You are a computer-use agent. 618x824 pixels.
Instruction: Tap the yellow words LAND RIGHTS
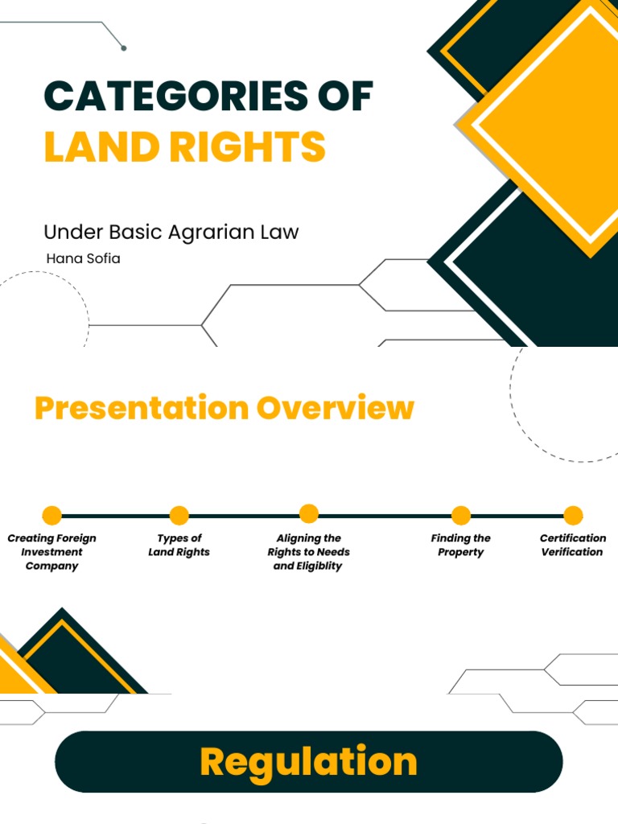point(184,147)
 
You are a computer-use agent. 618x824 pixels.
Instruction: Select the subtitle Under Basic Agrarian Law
point(171,233)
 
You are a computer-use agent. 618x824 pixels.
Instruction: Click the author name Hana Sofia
point(83,258)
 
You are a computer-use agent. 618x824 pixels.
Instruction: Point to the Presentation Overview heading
point(224,408)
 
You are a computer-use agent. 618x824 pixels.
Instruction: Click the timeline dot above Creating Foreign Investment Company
point(51,515)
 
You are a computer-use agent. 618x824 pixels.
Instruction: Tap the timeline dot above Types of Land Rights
point(179,515)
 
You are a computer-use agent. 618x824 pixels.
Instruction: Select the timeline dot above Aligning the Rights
point(309,513)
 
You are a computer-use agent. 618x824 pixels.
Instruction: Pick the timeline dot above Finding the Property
point(461,515)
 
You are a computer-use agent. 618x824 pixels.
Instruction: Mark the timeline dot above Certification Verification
point(573,515)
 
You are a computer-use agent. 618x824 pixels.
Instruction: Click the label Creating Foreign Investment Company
point(51,552)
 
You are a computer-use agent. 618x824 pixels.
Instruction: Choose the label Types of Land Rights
point(179,545)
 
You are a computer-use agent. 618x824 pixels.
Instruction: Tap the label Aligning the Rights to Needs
point(309,552)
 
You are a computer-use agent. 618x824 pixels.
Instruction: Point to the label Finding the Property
point(461,545)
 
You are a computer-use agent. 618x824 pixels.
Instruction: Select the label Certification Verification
point(573,545)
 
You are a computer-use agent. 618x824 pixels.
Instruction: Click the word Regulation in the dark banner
point(308,761)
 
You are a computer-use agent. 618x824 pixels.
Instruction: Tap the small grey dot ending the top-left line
point(123,48)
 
